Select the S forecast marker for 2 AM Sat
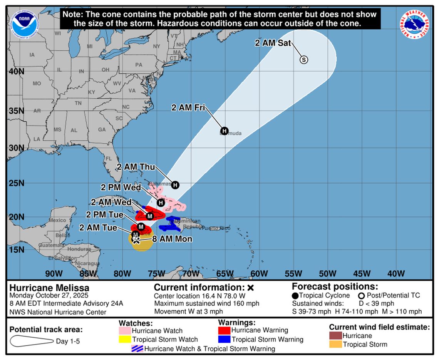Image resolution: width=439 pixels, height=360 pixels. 304,60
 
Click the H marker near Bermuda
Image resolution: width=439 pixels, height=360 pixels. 224,130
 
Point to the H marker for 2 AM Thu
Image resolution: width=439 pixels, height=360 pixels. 175,185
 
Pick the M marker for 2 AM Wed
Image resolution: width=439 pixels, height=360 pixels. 150,216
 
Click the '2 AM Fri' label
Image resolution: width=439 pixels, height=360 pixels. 188,108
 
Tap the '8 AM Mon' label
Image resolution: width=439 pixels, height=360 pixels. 172,239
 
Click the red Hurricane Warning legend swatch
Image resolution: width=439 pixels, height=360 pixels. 225,330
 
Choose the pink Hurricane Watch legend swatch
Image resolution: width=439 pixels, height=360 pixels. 125,331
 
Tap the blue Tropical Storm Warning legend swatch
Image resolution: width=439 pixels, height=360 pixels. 225,339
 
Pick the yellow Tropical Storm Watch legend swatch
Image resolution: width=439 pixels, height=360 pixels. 125,340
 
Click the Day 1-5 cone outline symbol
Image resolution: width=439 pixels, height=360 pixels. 32,341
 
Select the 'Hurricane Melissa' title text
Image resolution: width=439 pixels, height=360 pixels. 49,288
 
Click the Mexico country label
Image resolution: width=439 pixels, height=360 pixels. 57,220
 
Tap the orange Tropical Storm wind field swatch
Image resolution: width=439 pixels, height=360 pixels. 335,344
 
